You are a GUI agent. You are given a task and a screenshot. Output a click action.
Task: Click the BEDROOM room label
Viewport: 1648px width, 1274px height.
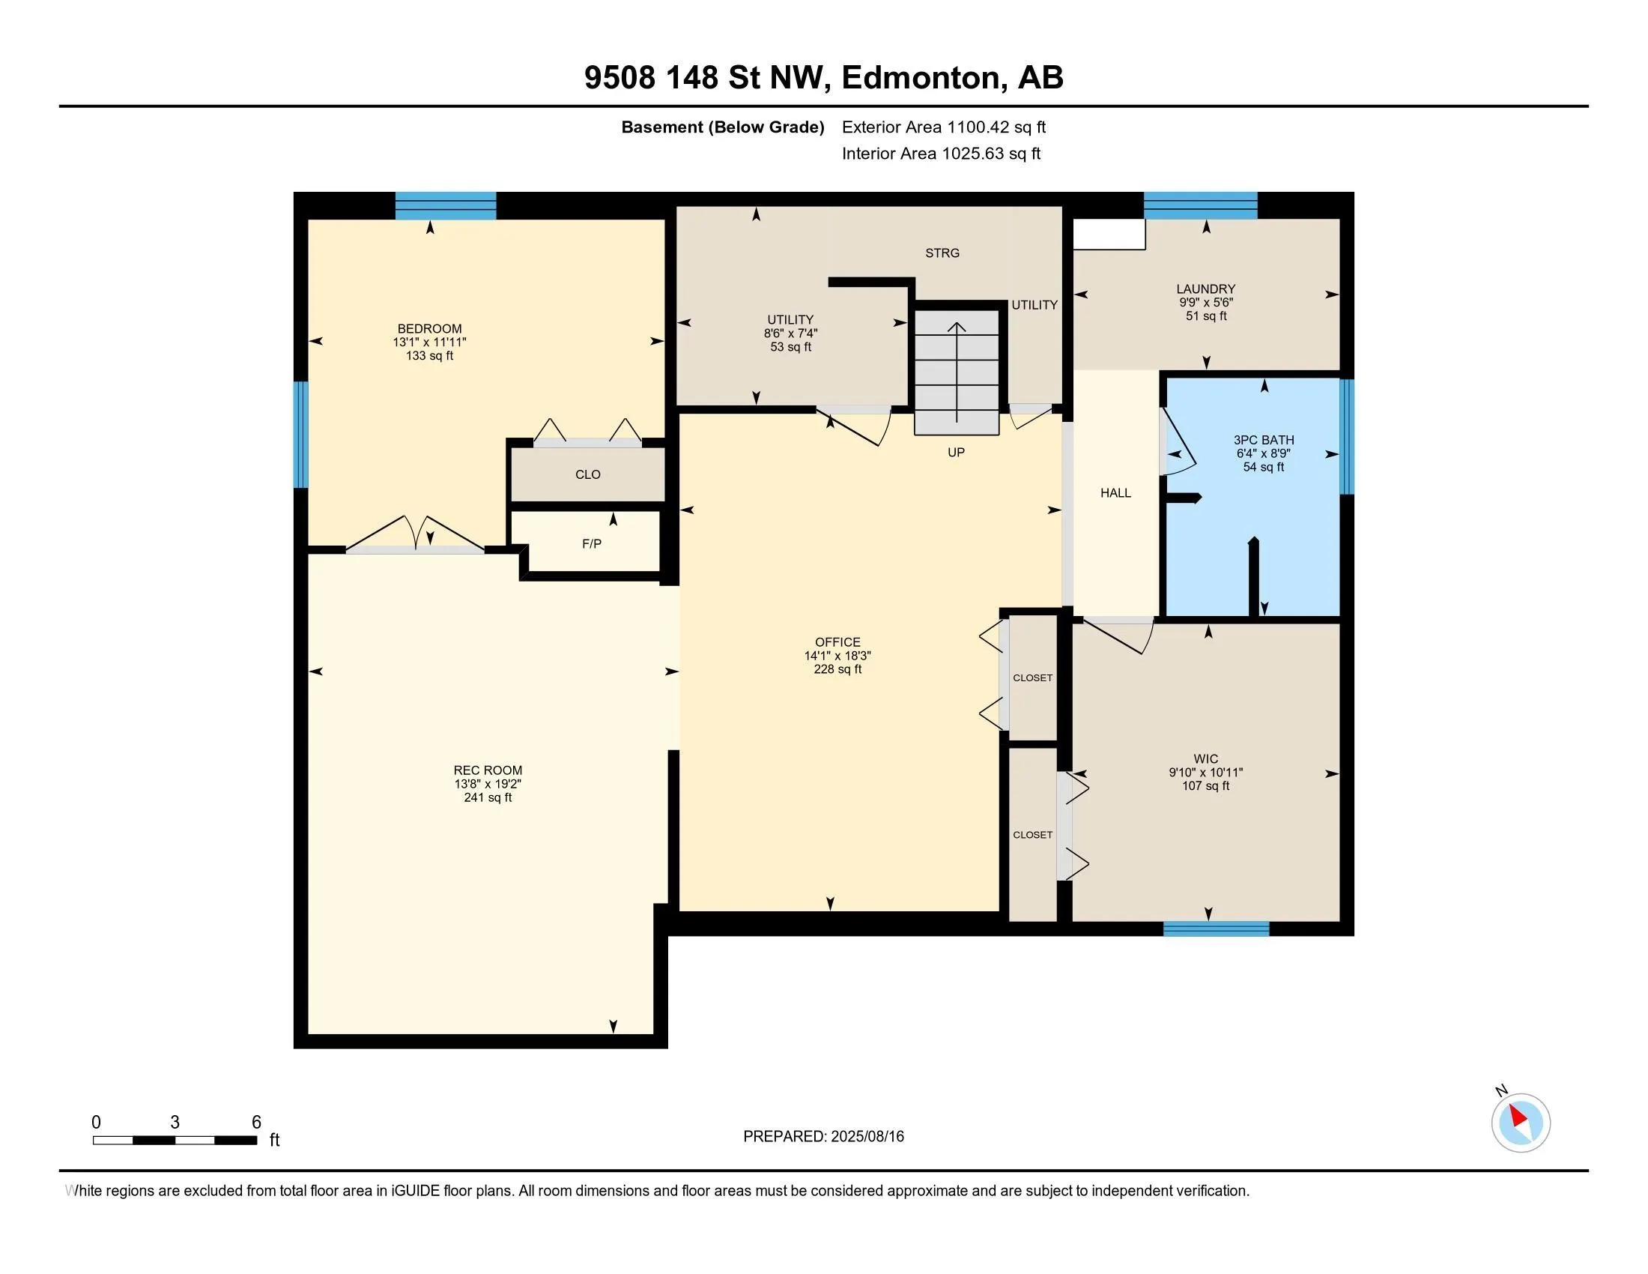429,328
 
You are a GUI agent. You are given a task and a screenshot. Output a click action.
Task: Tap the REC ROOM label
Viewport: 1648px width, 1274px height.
488,770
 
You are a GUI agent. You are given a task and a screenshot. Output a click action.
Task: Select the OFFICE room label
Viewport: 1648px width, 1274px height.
837,642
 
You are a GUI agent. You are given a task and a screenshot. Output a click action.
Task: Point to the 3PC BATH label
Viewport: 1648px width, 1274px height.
1264,440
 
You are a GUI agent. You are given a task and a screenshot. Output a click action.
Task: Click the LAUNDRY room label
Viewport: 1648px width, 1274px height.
1206,289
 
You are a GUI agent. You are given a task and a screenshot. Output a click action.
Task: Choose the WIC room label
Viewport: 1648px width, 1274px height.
1206,758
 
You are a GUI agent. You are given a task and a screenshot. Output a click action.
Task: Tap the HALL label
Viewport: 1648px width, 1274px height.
1115,493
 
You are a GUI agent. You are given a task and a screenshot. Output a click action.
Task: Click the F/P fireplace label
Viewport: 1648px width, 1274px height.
592,543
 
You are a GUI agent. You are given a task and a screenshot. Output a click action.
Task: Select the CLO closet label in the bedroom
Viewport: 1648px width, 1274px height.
588,474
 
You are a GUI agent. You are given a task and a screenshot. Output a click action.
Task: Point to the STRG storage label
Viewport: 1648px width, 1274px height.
942,253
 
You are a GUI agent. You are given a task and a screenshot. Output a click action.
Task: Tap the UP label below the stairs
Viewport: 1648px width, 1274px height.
956,452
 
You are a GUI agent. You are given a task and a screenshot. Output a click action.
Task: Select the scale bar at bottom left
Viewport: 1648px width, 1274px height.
175,1140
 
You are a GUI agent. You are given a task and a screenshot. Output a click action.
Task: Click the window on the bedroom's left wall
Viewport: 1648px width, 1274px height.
300,434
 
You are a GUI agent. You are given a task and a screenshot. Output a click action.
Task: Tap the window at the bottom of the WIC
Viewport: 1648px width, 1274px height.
1216,929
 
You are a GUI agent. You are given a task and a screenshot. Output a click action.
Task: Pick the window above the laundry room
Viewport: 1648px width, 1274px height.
1201,205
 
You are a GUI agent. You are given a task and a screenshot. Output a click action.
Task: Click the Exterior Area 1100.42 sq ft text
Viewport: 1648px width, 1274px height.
943,127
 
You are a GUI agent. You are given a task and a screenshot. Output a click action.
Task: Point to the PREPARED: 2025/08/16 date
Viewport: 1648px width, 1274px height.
823,1136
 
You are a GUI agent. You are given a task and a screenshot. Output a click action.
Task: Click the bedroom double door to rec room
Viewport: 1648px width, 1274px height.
415,534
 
